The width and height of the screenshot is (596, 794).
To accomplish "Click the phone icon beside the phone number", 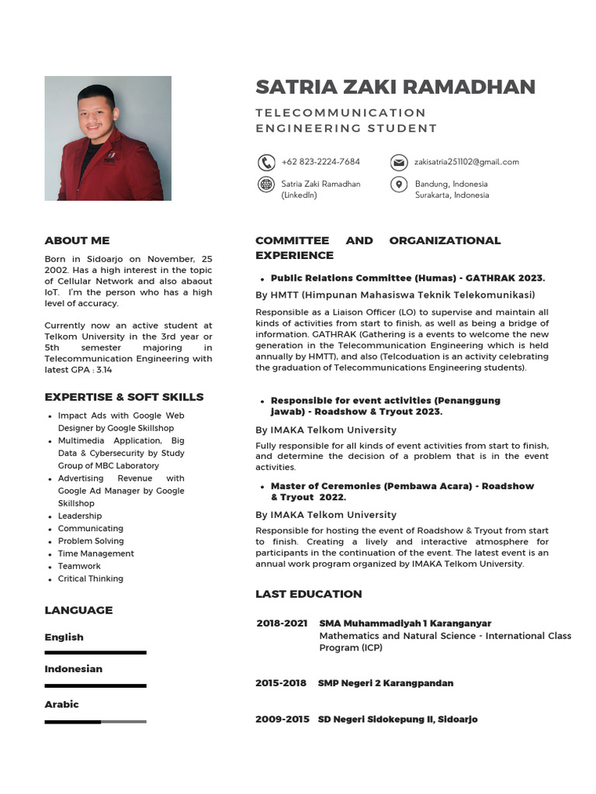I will (x=266, y=162).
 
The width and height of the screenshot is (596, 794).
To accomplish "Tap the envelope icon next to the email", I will (x=398, y=162).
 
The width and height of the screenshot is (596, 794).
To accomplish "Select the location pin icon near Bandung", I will (x=398, y=185).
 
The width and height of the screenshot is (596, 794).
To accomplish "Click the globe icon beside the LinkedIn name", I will (x=266, y=185).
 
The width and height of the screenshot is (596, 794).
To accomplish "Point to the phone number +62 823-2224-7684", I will (x=321, y=162).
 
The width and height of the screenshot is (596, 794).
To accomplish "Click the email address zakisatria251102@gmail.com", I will (x=466, y=162).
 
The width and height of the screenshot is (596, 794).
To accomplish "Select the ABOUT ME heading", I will (x=77, y=240).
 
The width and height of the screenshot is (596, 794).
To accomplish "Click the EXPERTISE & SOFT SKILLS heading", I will (x=124, y=397).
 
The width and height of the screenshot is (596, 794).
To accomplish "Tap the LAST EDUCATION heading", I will (x=309, y=594).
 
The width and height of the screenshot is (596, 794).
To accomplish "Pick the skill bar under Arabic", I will (x=95, y=722).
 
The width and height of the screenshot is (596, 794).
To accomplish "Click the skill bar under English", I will (x=95, y=653).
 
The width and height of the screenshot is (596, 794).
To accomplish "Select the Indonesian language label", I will (x=73, y=669).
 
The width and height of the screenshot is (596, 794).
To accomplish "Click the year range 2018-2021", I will (x=282, y=623).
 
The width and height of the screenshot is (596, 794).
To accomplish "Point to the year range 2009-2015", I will (x=282, y=720).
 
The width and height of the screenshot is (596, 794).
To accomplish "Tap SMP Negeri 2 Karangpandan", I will (x=386, y=683).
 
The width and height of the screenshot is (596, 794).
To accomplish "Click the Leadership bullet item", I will (x=80, y=516).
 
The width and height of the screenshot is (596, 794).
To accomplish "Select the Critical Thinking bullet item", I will (x=90, y=578).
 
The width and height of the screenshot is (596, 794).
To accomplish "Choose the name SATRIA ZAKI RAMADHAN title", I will (x=396, y=87).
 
